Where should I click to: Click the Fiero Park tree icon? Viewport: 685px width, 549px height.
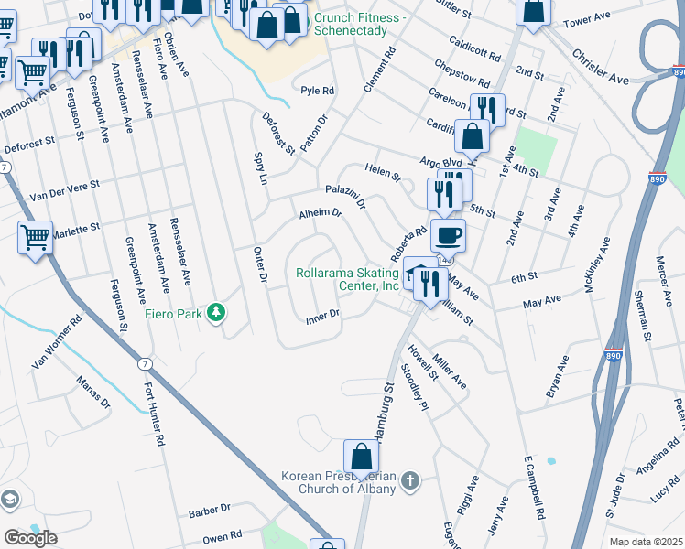[216, 313]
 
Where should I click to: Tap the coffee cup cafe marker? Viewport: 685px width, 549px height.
[448, 235]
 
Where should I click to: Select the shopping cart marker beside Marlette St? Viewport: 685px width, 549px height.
[36, 238]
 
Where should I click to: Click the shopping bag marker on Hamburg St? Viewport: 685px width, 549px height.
[362, 457]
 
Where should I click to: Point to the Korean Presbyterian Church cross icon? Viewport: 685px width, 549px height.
[410, 479]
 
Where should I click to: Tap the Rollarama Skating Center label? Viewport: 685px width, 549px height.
[348, 279]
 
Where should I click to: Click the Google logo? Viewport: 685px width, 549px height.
[30, 538]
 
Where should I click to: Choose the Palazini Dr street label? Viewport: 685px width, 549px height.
[346, 195]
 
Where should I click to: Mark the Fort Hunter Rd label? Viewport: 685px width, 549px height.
[155, 413]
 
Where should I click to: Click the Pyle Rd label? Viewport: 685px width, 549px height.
[318, 91]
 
